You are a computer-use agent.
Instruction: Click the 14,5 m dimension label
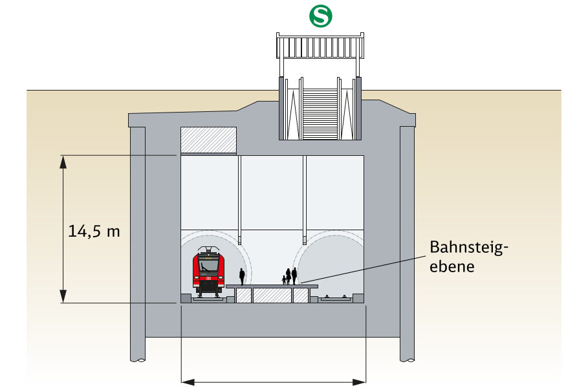[x=94, y=231]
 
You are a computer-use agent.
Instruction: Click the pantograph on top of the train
[x=208, y=250]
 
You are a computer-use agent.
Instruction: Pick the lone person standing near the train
[x=242, y=277]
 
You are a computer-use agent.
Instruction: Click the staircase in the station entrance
[x=320, y=113]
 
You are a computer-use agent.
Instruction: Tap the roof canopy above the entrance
[x=320, y=47]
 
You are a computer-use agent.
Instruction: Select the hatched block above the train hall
[x=208, y=140]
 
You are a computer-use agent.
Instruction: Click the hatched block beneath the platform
[x=271, y=296]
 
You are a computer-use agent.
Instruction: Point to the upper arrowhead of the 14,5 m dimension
[x=63, y=160]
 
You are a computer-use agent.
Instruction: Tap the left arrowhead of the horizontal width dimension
[x=186, y=382]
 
